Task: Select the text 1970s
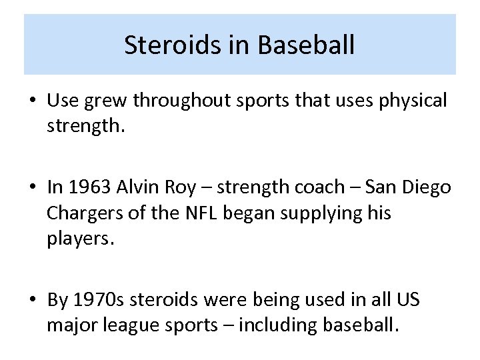coord(99,300)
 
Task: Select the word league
coord(128,327)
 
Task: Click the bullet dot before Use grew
coord(32,101)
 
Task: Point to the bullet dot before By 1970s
coord(32,301)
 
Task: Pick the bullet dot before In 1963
coord(32,187)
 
